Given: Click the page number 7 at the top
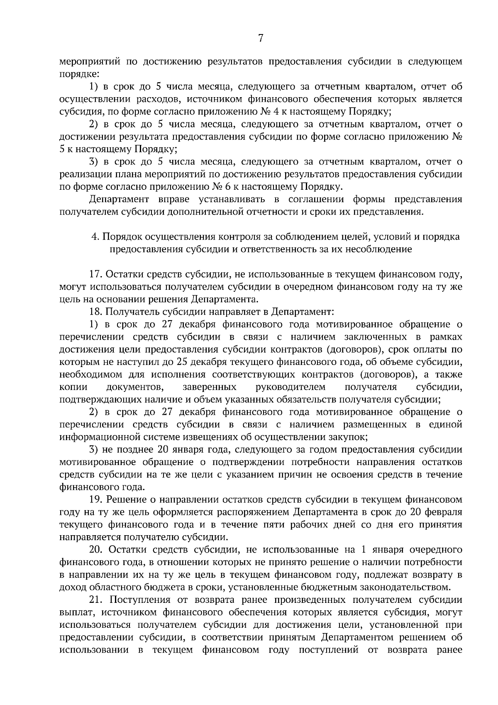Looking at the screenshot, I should click(x=261, y=39).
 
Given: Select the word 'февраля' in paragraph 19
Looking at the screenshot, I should click(x=445, y=512).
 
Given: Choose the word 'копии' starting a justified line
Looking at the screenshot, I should click(x=73, y=387).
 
